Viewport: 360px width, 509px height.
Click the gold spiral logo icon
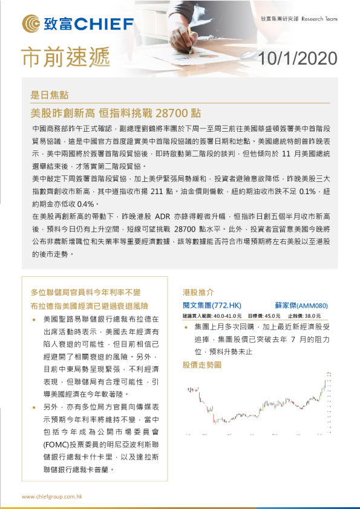(31, 24)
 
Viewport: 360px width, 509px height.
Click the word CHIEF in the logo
(103, 24)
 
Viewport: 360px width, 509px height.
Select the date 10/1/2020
(297, 57)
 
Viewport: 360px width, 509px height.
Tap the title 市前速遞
(65, 56)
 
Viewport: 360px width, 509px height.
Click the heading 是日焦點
(50, 95)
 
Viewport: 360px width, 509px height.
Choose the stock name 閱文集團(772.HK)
(212, 306)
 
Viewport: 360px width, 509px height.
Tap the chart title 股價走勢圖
(202, 365)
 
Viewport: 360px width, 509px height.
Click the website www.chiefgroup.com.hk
(52, 496)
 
